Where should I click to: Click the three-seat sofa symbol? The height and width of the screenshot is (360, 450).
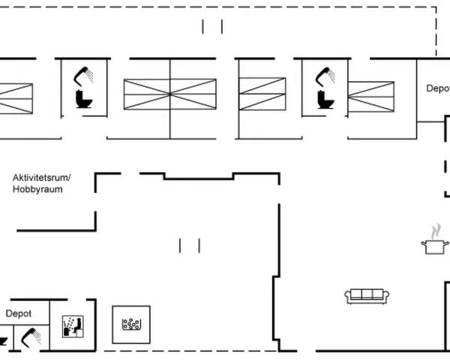tap(367, 296)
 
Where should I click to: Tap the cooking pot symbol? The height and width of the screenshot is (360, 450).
tap(435, 247)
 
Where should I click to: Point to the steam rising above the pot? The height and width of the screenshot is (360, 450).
tap(436, 232)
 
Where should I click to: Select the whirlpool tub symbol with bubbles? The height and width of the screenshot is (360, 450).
tap(131, 324)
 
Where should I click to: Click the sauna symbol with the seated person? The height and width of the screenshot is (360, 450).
tap(73, 326)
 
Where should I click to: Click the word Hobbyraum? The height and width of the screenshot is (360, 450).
tap(37, 190)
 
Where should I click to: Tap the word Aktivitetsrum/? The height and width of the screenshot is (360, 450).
tap(41, 178)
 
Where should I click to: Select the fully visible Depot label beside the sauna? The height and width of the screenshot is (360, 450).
tap(19, 313)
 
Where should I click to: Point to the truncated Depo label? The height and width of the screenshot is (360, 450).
tap(438, 88)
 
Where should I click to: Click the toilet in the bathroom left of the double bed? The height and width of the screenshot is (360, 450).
tap(84, 99)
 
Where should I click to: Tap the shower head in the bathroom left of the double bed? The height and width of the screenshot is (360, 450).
tap(83, 76)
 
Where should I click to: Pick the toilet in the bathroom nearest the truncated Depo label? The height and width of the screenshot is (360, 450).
tap(325, 99)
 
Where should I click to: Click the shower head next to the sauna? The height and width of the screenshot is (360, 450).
tap(31, 337)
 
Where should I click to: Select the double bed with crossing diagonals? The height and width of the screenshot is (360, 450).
tap(170, 94)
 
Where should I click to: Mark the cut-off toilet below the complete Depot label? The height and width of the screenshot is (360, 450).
tap(3, 341)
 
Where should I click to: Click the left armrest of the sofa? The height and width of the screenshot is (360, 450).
tap(347, 295)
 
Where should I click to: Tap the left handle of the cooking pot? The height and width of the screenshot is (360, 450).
tap(424, 244)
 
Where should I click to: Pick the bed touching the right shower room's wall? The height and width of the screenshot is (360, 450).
tap(370, 97)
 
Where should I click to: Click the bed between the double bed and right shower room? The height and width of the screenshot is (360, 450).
tap(262, 94)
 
